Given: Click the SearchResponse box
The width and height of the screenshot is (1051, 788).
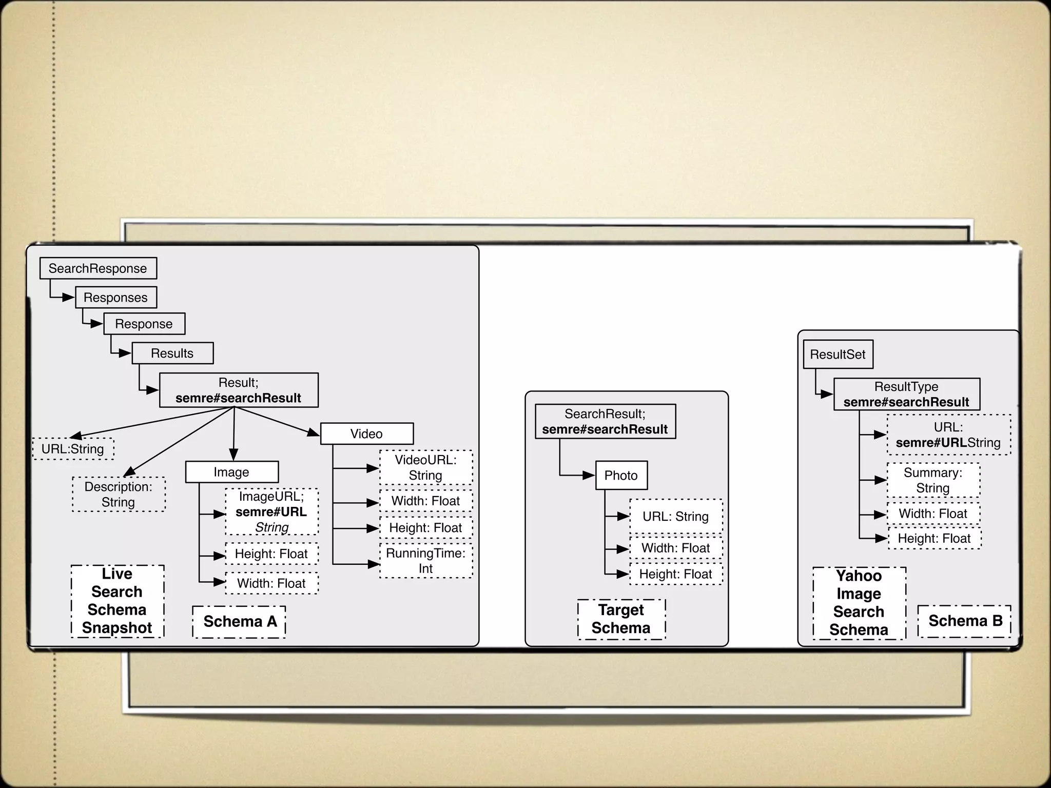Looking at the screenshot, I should tap(98, 268).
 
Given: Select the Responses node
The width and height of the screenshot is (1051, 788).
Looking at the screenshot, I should tap(116, 298).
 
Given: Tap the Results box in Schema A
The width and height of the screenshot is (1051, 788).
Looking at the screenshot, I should tap(172, 353).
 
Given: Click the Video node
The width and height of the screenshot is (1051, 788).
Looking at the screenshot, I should tap(366, 434).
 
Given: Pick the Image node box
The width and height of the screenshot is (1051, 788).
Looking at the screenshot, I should tap(231, 472).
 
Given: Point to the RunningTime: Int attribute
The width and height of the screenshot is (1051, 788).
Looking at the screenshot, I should tap(425, 561).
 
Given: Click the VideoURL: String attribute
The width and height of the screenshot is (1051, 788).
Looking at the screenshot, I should tap(425, 467).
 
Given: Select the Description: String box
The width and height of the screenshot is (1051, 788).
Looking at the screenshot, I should tap(119, 495).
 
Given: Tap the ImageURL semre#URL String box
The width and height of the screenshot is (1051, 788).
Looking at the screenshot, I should tap(271, 512).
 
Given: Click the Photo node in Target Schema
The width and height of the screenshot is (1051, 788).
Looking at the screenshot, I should tap(621, 476).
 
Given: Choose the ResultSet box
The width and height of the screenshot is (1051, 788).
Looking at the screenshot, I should tap(838, 354).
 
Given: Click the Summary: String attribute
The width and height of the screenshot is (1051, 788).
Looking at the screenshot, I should tap(933, 480).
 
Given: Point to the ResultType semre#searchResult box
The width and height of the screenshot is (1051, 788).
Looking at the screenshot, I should tap(906, 395).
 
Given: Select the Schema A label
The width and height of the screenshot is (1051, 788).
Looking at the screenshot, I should tap(239, 622).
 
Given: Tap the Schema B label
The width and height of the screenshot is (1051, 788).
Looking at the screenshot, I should tap(965, 621).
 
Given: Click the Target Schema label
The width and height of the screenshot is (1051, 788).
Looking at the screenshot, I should tap(621, 619).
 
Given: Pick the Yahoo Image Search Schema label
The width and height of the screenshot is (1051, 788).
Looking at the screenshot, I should tap(859, 603).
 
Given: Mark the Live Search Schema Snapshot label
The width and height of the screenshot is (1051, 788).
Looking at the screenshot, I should tap(117, 601).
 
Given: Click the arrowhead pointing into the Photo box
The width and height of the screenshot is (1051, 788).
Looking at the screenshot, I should tap(589, 476).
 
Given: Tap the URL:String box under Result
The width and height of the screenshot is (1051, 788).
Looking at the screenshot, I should tap(73, 449).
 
